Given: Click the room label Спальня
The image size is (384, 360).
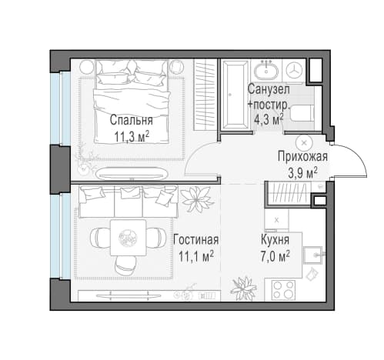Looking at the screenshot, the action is (x=131, y=120).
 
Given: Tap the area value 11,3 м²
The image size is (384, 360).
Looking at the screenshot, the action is (x=132, y=136).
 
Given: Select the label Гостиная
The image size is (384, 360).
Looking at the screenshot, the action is (x=196, y=240).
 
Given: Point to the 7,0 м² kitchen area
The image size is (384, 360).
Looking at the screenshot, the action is (x=275, y=256).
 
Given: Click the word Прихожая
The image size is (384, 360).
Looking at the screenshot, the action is (x=302, y=156).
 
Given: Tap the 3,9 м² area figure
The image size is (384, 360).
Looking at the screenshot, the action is (x=303, y=173).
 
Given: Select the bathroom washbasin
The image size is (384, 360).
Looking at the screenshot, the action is (x=266, y=70).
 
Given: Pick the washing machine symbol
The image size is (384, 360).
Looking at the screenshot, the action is (x=294, y=70).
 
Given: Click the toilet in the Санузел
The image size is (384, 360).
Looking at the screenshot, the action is (x=303, y=113).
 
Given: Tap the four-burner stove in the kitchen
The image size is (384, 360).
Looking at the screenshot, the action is (x=283, y=290).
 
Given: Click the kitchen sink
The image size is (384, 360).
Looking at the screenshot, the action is (x=313, y=255).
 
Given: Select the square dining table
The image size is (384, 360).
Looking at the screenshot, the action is (x=128, y=238).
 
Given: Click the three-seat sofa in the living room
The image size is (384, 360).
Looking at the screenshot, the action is (x=129, y=202).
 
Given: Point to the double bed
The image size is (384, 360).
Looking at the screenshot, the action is (x=132, y=102).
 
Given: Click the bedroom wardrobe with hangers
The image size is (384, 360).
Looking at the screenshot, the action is (x=205, y=95).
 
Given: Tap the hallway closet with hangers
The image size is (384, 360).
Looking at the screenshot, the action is (x=288, y=193).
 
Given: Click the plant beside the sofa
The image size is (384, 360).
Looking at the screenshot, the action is (x=197, y=198).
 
